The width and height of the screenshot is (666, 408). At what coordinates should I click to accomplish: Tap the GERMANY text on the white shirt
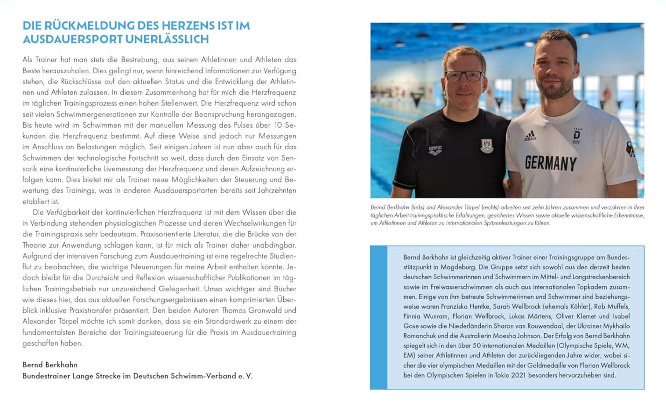click(551, 163)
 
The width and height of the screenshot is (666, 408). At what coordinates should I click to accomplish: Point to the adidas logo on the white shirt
click(530, 136)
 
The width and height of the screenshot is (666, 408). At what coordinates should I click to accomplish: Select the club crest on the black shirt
click(487, 146)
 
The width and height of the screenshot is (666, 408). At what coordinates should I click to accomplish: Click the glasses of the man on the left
click(464, 75)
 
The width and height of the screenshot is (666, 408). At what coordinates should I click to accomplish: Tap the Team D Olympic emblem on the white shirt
click(577, 136)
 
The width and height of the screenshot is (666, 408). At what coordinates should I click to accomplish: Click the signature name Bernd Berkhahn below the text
click(50, 365)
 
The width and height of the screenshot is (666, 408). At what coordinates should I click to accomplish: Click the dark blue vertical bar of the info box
click(379, 317)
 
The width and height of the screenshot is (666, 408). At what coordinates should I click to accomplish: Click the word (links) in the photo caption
click(416, 207)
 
